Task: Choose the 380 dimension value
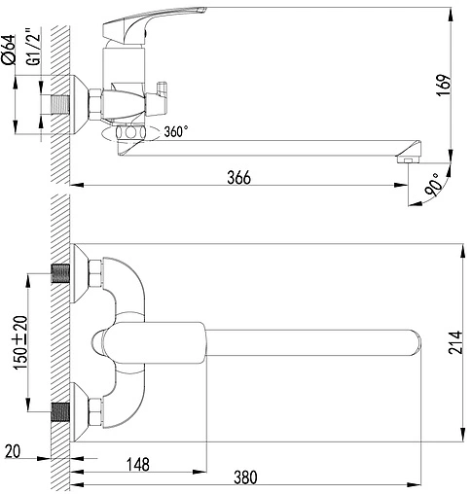[x=246, y=479]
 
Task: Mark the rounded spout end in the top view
[x=414, y=343]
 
